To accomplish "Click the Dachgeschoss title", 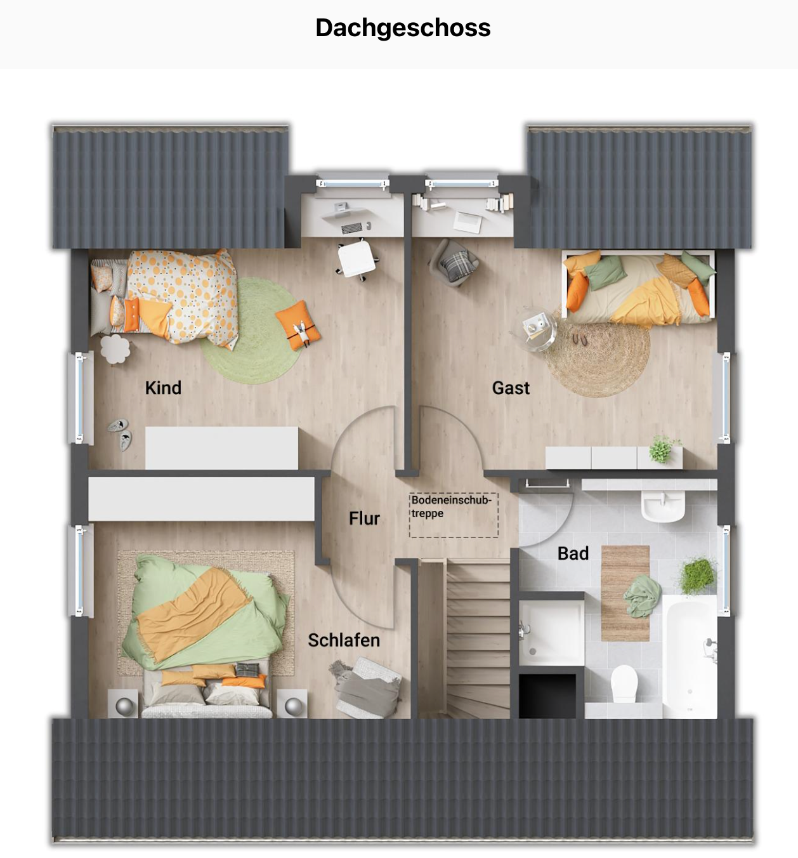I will (403, 29).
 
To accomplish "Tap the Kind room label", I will (163, 388).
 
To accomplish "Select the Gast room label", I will (511, 388).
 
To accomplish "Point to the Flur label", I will (364, 518).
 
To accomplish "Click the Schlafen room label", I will (344, 640).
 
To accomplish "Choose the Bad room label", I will (573, 553).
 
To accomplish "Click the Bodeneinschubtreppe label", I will (452, 506).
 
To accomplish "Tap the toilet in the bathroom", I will (624, 684).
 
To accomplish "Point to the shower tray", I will (551, 632).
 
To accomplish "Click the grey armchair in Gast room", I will (454, 263).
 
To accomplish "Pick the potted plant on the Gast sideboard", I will (662, 449).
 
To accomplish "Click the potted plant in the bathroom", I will (698, 574).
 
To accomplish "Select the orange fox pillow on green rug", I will (298, 326).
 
